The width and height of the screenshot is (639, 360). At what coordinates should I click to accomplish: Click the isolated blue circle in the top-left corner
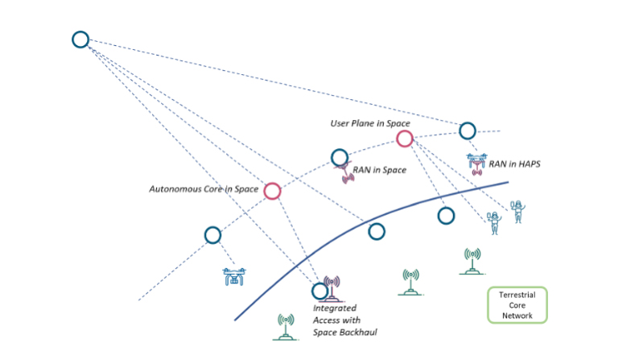(80, 39)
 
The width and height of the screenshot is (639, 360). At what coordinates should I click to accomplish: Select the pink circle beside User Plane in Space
(404, 139)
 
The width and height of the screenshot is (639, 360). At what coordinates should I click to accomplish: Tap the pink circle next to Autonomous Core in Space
(272, 191)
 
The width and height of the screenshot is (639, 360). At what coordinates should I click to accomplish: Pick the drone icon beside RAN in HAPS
(476, 163)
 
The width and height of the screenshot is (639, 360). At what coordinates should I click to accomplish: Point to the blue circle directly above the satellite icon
(340, 157)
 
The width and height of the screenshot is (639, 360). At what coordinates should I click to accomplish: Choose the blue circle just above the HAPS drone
(468, 130)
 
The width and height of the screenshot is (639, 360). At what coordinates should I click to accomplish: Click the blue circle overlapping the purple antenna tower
(320, 291)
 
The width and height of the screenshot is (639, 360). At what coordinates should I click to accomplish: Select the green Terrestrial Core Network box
(517, 305)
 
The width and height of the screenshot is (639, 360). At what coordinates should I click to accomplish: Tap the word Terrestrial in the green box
(517, 296)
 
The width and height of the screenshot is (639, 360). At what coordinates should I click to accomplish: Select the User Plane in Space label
(370, 123)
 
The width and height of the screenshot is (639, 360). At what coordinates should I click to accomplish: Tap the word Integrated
(334, 308)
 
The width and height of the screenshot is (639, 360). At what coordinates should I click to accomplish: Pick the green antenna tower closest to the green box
(472, 261)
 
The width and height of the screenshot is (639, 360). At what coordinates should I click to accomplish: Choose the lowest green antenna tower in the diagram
(285, 326)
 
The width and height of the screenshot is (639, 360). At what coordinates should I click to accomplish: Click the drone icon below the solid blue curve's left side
(234, 277)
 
